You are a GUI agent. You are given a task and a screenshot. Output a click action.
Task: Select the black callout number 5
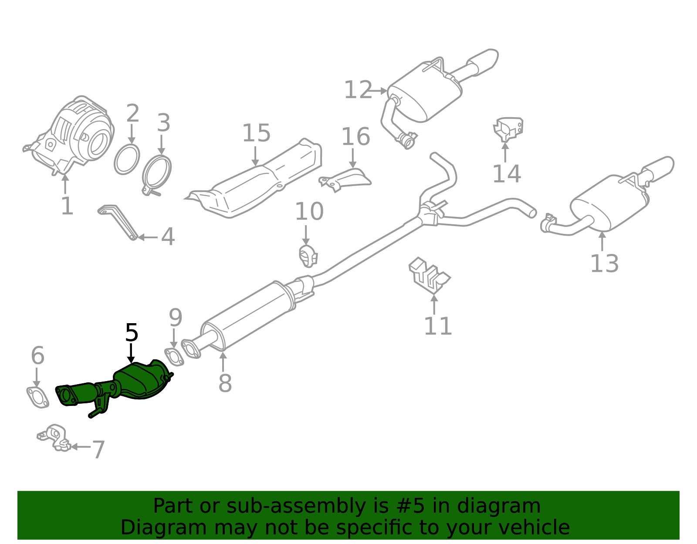pyautogui.click(x=132, y=333)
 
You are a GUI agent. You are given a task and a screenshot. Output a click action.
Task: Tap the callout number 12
pyautogui.click(x=358, y=90)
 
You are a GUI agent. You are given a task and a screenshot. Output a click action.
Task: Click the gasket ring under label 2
pyautogui.click(x=127, y=160)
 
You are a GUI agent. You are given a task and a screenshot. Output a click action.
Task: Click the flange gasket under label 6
pyautogui.click(x=37, y=397)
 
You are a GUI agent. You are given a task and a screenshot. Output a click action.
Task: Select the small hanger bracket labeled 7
pyautogui.click(x=54, y=437)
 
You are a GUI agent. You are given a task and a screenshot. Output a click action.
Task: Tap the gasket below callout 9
pyautogui.click(x=174, y=357)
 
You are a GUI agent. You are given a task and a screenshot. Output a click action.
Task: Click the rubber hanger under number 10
pyautogui.click(x=308, y=256)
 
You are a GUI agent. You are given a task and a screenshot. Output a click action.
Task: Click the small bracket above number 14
pyautogui.click(x=508, y=128)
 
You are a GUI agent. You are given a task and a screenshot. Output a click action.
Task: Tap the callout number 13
pyautogui.click(x=604, y=264)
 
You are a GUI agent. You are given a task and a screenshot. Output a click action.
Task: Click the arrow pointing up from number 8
pyautogui.click(x=223, y=362)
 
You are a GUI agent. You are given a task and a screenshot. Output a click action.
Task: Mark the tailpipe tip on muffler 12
pyautogui.click(x=486, y=62)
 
